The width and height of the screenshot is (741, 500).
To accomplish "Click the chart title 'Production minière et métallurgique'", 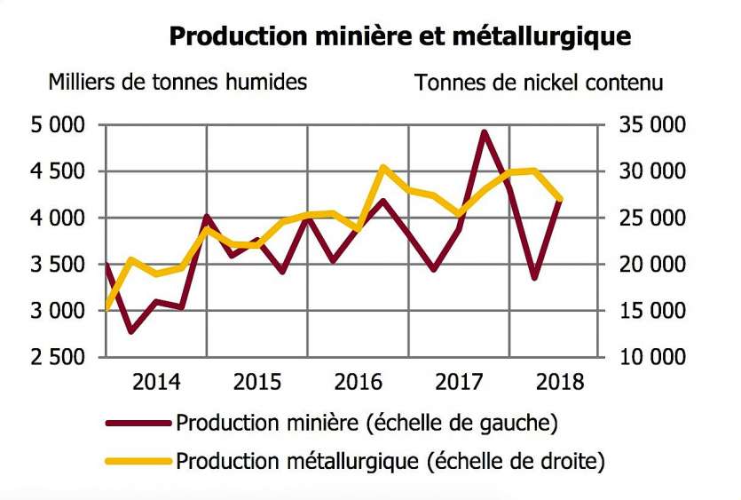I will coord(399,36).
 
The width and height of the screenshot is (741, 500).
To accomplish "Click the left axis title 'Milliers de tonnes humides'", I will coord(177,83).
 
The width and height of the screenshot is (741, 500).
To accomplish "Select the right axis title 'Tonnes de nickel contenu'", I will coord(539,83).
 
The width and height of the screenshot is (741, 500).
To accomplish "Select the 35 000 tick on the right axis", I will coord(654,125).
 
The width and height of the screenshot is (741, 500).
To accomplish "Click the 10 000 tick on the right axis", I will coord(654,357).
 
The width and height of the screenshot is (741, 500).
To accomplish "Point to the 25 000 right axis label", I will coord(654,218).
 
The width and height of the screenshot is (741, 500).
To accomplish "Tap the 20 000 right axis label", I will coord(654,265).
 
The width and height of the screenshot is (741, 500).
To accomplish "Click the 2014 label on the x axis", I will coord(156,383).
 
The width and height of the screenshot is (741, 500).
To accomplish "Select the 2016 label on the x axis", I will coord(358,383).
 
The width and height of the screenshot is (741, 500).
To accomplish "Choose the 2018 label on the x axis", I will coord(560,383).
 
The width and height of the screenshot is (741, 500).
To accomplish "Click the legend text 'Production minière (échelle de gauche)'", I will coord(367,423).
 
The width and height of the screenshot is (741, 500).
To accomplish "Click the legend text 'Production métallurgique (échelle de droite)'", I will coord(390,461).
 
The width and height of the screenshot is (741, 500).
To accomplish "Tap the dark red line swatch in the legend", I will coord(138,423).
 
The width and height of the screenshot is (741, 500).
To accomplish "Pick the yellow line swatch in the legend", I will coord(138,461).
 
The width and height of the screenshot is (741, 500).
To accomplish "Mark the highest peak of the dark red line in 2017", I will coord(485,132).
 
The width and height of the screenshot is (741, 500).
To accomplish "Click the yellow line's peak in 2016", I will coord(382,167).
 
